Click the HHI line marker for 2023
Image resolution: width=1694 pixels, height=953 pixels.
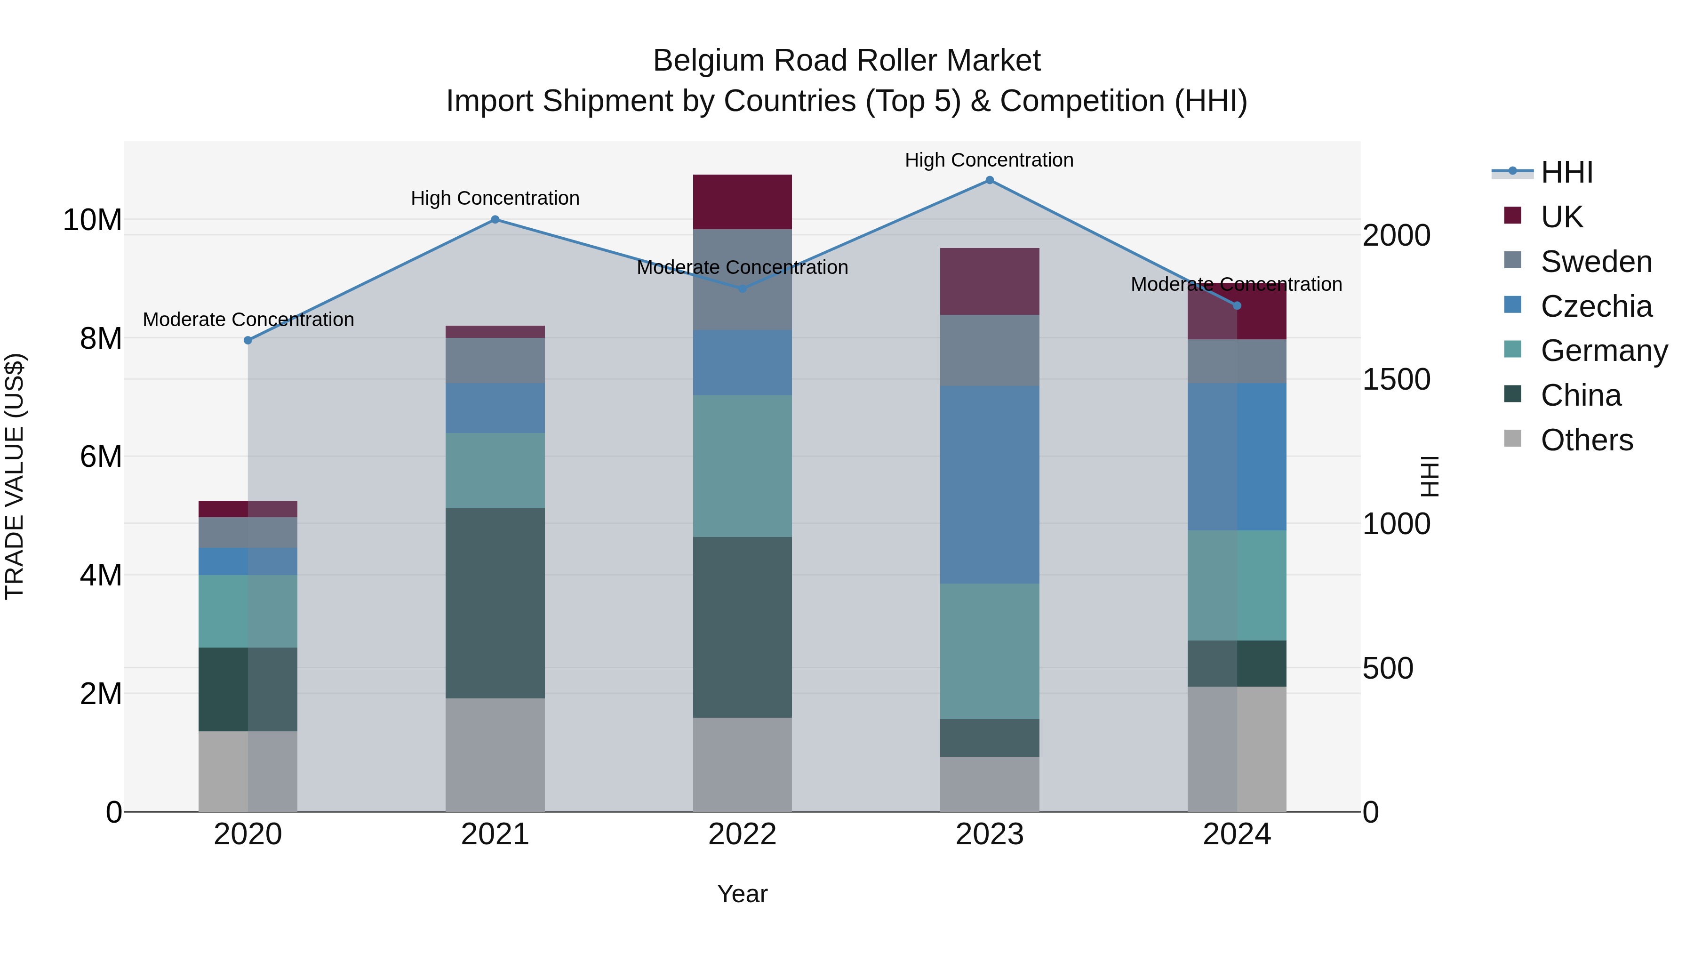pyautogui.click(x=989, y=180)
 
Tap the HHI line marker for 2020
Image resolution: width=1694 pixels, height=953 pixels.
pyautogui.click(x=248, y=340)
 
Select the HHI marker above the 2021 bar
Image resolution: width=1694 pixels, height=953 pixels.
pyautogui.click(x=495, y=220)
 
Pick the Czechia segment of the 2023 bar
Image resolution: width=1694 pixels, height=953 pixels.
pyautogui.click(x=989, y=484)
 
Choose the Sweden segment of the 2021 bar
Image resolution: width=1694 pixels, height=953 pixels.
pyautogui.click(x=495, y=360)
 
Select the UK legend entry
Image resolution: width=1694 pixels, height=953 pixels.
pyautogui.click(x=1561, y=217)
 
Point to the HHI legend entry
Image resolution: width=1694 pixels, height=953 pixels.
pyautogui.click(x=1566, y=172)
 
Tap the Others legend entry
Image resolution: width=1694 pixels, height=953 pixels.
pyautogui.click(x=1586, y=440)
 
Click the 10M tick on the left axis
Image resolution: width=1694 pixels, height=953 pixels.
pyautogui.click(x=92, y=220)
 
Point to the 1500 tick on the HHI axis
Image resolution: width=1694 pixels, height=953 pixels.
pyautogui.click(x=1396, y=379)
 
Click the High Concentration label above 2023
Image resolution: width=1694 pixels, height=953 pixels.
pyautogui.click(x=989, y=160)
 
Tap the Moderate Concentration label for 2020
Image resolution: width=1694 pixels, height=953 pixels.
pyautogui.click(x=248, y=320)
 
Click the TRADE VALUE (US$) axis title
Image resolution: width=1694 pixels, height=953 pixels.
pyautogui.click(x=15, y=476)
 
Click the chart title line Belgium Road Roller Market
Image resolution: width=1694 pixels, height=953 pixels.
pyautogui.click(x=847, y=61)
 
